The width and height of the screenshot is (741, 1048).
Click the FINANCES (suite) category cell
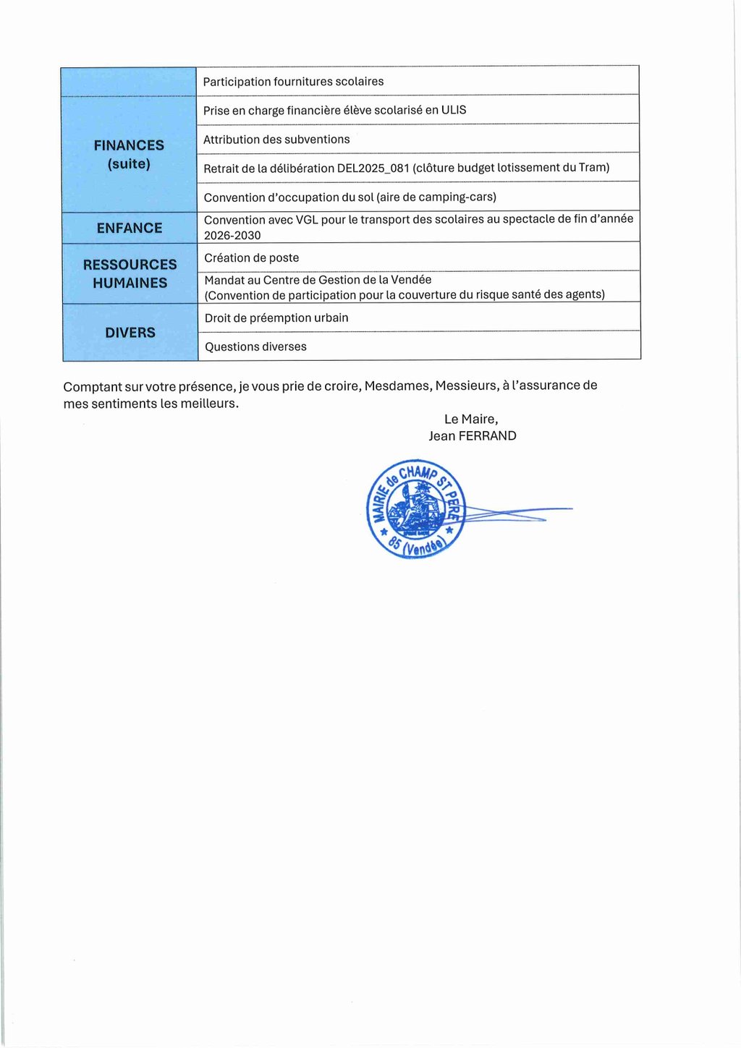click(x=129, y=154)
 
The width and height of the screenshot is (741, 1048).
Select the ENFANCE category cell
click(x=130, y=228)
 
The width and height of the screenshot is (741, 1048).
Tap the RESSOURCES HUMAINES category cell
click(x=130, y=273)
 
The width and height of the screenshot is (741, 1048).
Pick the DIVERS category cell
click(x=130, y=333)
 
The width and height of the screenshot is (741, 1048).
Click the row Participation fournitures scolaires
click(x=293, y=82)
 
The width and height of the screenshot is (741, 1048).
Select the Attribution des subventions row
click(x=276, y=140)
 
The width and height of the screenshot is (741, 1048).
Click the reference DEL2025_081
click(x=373, y=169)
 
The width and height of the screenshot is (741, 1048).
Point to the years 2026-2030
click(x=232, y=236)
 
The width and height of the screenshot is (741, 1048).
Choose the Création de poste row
click(x=252, y=258)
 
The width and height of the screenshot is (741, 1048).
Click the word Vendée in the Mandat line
click(x=411, y=280)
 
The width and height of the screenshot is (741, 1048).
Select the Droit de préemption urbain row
click(x=276, y=318)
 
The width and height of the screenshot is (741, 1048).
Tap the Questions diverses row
click(x=255, y=347)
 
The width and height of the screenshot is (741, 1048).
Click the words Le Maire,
click(x=471, y=419)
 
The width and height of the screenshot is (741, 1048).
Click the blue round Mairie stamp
click(x=416, y=509)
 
